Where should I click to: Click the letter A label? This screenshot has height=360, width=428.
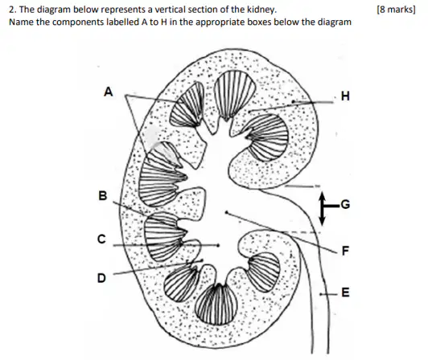point(109,92)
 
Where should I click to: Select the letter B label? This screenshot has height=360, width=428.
point(103,195)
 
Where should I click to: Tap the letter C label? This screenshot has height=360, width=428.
point(101,239)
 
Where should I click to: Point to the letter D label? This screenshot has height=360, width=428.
point(101,278)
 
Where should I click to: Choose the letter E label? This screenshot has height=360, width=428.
point(346,292)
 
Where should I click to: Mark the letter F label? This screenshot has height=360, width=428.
point(346,251)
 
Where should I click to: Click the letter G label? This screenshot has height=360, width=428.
point(345,204)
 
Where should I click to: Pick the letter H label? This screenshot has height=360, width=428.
point(345,96)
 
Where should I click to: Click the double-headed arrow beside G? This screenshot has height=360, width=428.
point(322,209)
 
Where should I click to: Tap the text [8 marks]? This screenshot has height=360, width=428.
point(396,10)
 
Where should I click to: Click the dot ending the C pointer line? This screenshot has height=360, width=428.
point(218,245)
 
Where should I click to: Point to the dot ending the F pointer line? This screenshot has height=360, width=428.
point(226,212)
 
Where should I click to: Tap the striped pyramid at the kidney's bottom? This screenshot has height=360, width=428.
point(217,305)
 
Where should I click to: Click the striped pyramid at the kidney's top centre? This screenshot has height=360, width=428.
point(235,94)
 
